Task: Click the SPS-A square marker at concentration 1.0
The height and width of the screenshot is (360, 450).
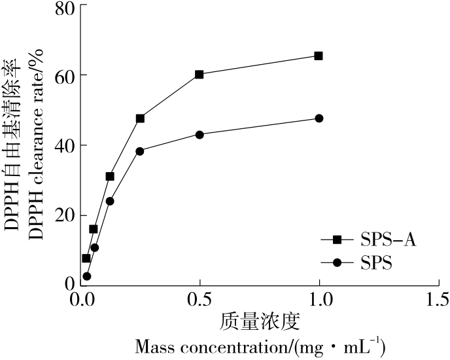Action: (319, 56)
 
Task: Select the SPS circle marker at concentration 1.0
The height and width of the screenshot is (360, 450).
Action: (319, 118)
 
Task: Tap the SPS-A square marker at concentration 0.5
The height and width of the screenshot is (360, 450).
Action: (199, 75)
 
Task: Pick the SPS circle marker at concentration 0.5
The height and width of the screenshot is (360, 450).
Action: (199, 135)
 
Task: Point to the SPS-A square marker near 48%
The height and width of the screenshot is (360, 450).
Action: (140, 118)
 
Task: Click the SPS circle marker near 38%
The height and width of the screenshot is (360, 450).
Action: (140, 151)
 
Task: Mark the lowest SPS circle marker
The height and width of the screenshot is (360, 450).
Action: (86, 276)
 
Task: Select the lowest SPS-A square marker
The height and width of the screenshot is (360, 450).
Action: (86, 259)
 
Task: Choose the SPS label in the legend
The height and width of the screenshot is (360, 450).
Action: (376, 262)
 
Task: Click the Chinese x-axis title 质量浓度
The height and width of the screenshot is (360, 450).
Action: (259, 321)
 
